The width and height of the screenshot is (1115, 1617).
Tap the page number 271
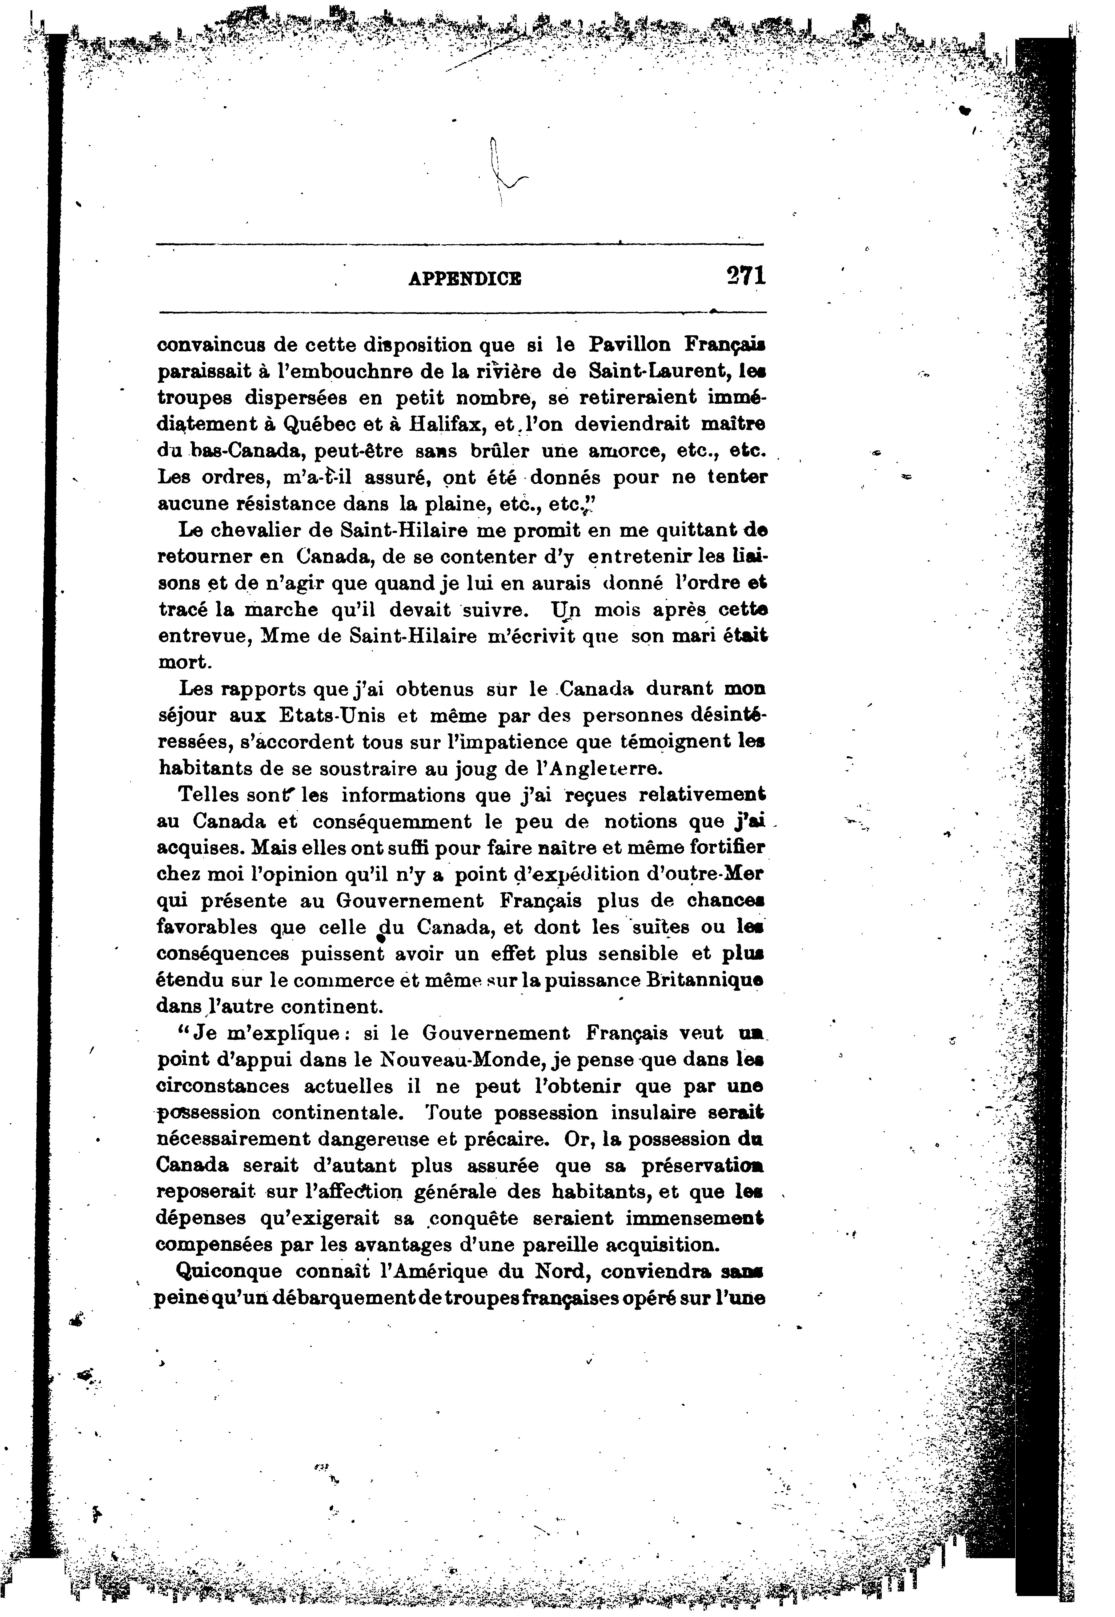tap(745, 275)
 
